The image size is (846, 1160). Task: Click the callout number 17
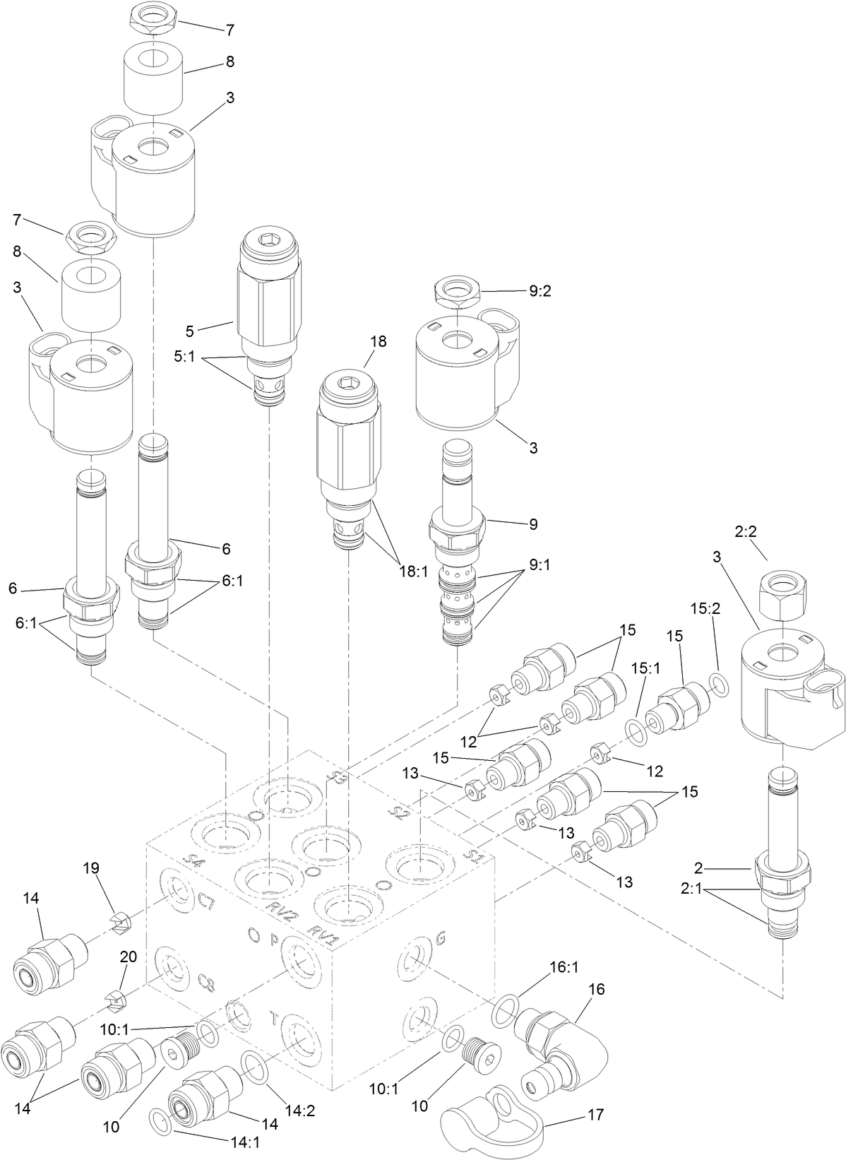pos(596,1115)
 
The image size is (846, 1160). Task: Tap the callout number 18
pos(377,342)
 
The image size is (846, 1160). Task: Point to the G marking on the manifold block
pos(442,938)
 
